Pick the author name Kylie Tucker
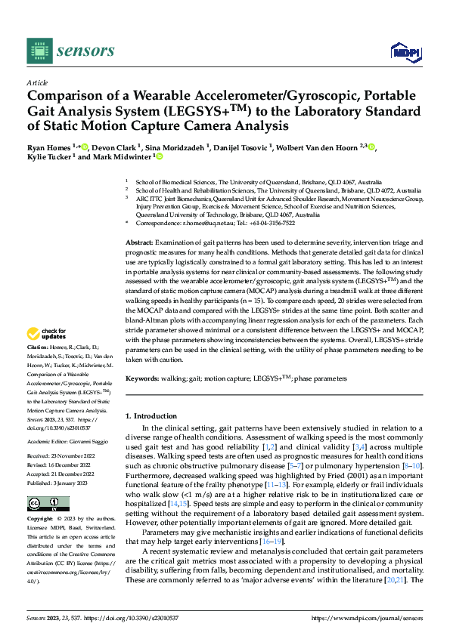47,157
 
